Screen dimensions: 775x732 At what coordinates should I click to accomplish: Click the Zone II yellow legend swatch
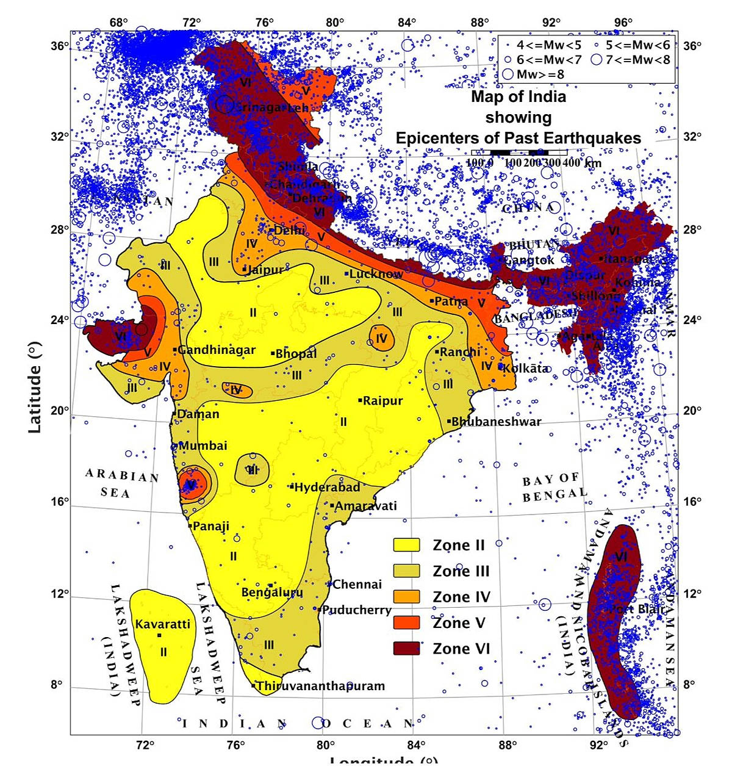tap(406, 545)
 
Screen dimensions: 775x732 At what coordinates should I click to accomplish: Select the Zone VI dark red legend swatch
tap(406, 648)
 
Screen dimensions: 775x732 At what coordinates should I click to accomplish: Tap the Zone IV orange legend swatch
tap(406, 597)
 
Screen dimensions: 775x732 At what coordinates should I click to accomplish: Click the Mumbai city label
tap(202, 446)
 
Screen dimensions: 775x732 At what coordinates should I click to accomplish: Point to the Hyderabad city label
tap(327, 488)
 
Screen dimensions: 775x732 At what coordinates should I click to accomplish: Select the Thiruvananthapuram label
tap(320, 686)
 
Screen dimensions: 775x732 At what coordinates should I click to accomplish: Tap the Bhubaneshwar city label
tap(496, 422)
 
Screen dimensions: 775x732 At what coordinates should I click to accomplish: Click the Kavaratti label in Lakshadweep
tap(162, 624)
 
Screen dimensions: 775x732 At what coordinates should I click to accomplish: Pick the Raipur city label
tap(382, 401)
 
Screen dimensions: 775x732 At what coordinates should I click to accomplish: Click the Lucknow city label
tap(376, 274)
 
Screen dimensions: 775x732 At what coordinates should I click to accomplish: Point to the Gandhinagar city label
tap(216, 350)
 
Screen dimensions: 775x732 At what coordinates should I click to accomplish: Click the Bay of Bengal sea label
tap(554, 488)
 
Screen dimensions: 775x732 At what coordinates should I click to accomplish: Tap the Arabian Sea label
tap(121, 483)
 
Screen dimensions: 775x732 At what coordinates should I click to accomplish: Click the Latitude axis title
tap(35, 387)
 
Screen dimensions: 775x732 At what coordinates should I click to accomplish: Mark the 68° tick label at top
tap(119, 23)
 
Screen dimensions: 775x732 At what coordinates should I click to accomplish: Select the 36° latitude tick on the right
tap(692, 46)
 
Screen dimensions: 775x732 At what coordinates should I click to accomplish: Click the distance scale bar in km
tap(520, 152)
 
